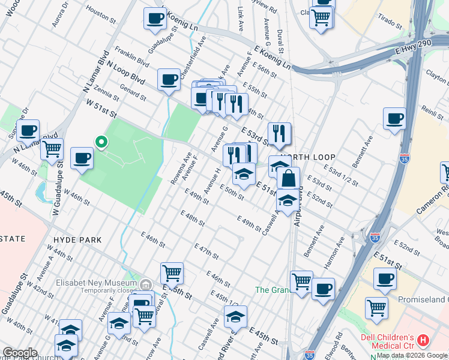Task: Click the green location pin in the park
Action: (x=101, y=142)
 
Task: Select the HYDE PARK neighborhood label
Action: (x=77, y=239)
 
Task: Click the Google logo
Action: (x=20, y=353)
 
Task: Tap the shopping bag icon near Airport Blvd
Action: (x=288, y=179)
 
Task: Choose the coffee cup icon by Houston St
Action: (x=155, y=19)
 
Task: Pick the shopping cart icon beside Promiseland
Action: (x=376, y=308)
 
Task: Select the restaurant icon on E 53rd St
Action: (x=279, y=134)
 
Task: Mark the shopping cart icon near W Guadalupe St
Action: (x=52, y=148)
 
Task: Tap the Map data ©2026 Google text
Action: (x=412, y=355)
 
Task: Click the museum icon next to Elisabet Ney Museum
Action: (x=145, y=283)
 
